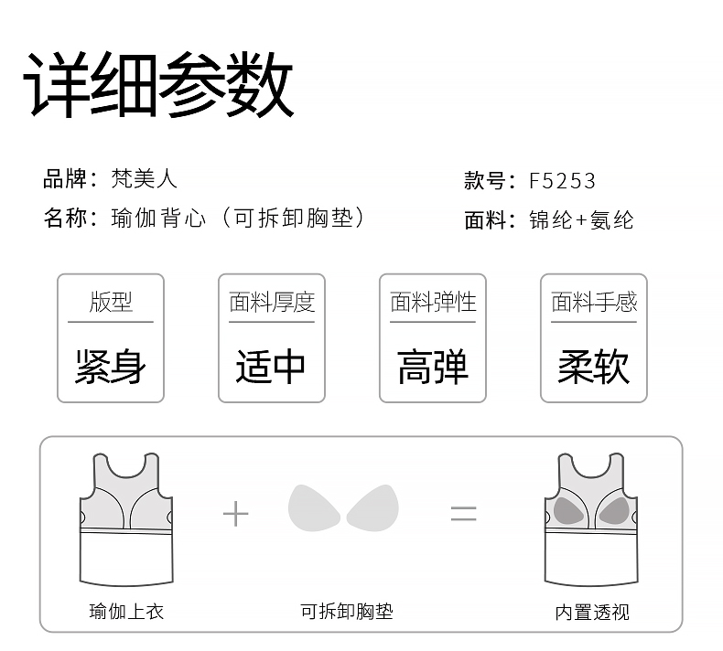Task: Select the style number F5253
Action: click(562, 180)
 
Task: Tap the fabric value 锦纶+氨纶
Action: click(581, 220)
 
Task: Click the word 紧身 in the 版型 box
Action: click(111, 367)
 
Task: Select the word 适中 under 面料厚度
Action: click(271, 367)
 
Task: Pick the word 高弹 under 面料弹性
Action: click(433, 367)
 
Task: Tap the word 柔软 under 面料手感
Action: click(593, 367)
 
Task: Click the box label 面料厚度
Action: click(271, 302)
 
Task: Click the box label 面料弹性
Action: click(433, 302)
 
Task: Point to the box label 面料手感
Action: click(593, 302)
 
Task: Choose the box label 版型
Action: click(111, 302)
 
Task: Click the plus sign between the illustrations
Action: click(235, 514)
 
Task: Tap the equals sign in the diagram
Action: click(463, 514)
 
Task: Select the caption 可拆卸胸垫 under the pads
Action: click(347, 611)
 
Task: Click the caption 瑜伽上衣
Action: click(126, 611)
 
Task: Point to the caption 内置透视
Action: click(592, 611)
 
